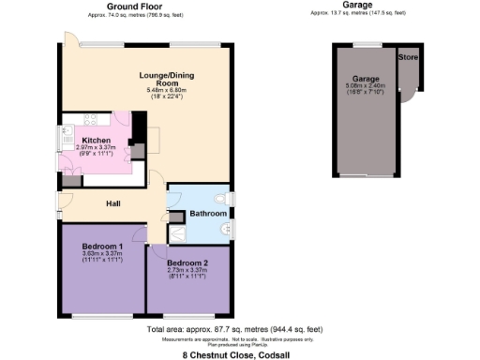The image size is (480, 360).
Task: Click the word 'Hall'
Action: (x=112, y=203)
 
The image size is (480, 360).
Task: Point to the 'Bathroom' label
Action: (x=208, y=214)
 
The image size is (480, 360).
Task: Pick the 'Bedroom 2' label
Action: (x=187, y=263)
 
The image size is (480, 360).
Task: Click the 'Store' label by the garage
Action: (x=407, y=57)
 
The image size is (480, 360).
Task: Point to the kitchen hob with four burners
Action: (x=94, y=119)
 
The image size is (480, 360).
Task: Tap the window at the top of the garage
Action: (x=367, y=44)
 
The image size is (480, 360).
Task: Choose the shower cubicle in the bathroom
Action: (x=177, y=234)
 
